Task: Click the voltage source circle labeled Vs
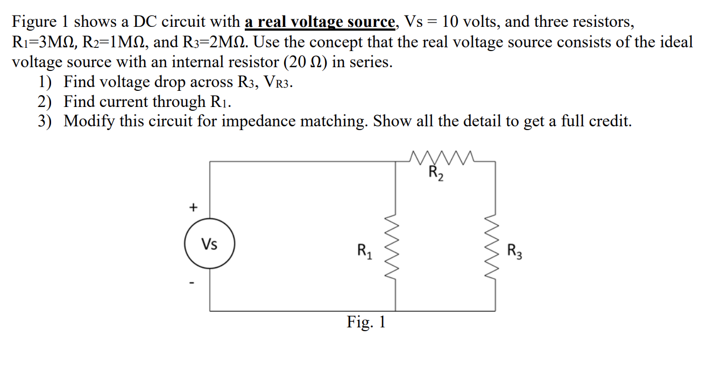click(x=209, y=245)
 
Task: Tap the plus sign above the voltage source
click(x=193, y=206)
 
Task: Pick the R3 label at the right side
click(x=514, y=251)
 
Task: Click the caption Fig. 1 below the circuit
click(x=366, y=323)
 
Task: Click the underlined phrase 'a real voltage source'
click(x=320, y=22)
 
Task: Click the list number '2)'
click(x=45, y=102)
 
